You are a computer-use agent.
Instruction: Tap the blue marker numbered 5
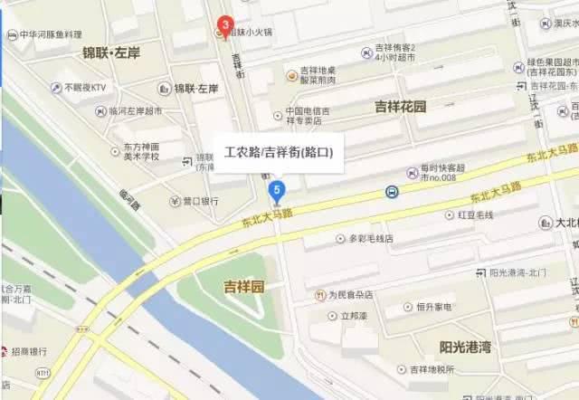coord(278,190)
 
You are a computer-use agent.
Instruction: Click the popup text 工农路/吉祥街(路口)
coord(279,155)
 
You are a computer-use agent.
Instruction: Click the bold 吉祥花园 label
coord(400,107)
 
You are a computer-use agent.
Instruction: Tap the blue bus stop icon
coord(392,192)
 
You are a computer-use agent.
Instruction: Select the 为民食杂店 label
coord(349,295)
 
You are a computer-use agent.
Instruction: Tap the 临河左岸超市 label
coord(135,111)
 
